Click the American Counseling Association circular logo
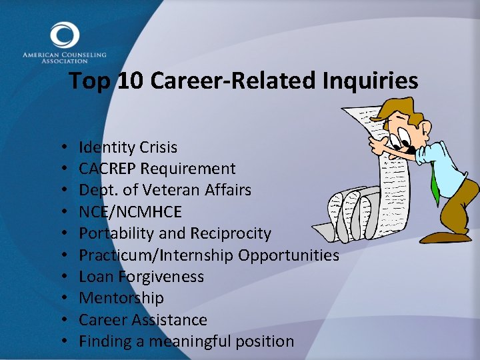pyautogui.click(x=64, y=35)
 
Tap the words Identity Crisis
pyautogui.click(x=128, y=147)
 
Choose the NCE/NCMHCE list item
pyautogui.click(x=130, y=212)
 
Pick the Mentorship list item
pyautogui.click(x=121, y=298)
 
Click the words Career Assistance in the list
pyautogui.click(x=143, y=320)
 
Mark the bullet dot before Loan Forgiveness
pyautogui.click(x=61, y=277)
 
